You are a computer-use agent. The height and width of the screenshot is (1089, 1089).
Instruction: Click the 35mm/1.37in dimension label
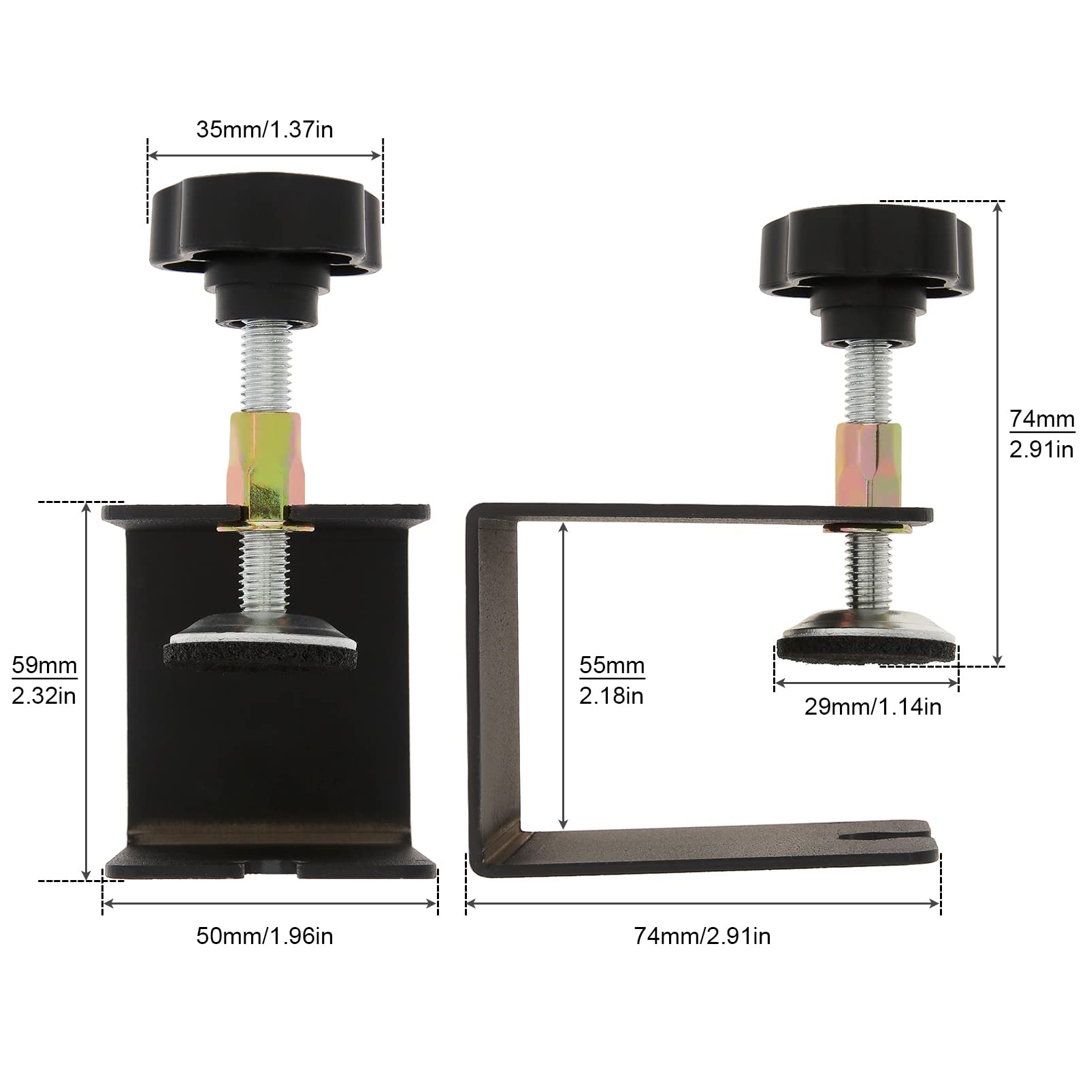[265, 129]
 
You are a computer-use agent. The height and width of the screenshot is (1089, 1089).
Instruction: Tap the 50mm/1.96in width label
[265, 936]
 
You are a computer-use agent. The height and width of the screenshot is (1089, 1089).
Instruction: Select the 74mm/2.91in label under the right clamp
[702, 936]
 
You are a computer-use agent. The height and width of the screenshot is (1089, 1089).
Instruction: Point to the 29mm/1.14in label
[873, 706]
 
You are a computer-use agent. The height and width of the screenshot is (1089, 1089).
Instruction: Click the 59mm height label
[44, 665]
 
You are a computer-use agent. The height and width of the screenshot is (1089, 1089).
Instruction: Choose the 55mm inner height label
[612, 665]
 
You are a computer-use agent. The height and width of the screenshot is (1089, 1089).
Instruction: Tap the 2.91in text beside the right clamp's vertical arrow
[1041, 449]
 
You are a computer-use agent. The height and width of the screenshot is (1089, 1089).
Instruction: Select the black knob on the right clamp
[866, 272]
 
